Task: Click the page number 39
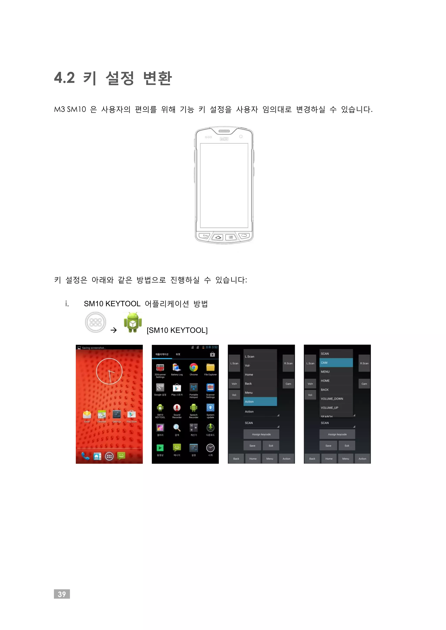62,594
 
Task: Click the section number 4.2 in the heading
64,78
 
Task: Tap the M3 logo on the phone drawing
224,139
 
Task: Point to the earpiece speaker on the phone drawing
224,131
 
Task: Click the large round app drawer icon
95,322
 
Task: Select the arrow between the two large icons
113,330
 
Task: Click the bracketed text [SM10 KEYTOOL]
177,330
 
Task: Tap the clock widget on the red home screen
109,371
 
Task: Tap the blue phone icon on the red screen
85,456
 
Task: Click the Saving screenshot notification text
93,348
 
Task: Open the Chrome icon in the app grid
194,367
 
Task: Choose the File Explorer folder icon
210,367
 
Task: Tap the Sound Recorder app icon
177,408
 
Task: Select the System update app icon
210,408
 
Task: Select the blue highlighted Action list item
260,401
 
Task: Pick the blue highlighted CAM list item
336,362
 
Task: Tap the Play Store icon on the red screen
131,414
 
